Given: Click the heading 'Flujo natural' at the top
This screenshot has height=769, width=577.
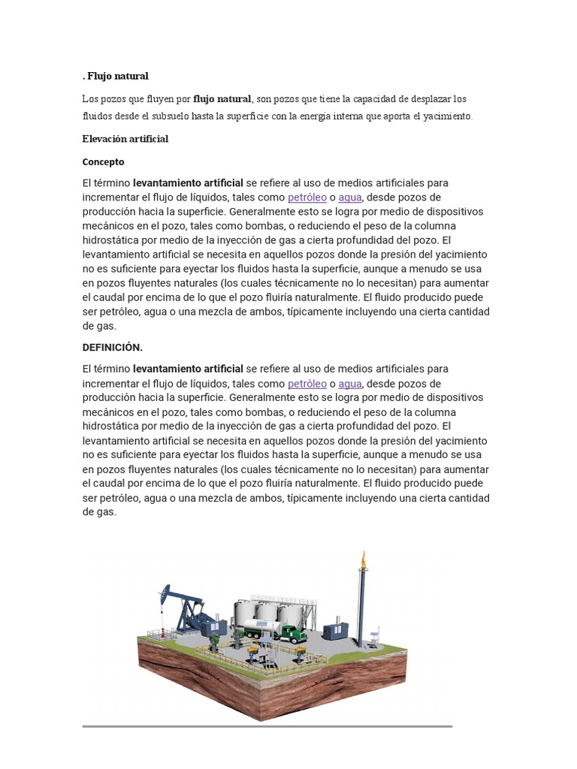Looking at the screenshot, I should click(118, 76).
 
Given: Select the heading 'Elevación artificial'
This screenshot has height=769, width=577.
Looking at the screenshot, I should click(125, 139).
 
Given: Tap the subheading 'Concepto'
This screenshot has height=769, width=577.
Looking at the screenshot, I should click(103, 161).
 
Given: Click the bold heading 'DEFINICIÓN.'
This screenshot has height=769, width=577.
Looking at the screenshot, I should click(112, 347).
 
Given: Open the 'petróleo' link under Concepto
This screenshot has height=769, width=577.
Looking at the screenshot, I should click(307, 198).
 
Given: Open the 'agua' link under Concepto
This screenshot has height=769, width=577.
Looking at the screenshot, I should click(350, 198).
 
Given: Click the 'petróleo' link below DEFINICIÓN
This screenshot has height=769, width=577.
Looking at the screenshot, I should click(307, 383).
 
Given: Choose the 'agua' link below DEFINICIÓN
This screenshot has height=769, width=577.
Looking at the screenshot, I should click(350, 383).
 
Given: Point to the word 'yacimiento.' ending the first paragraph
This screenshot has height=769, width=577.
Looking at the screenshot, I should click(447, 116).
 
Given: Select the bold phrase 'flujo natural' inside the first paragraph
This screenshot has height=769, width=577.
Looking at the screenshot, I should click(222, 98).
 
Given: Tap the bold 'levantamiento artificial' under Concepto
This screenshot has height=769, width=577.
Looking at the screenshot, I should click(188, 182).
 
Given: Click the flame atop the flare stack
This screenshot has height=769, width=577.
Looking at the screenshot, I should click(364, 559).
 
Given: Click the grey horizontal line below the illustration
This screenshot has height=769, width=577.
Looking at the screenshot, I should click(267, 726).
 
